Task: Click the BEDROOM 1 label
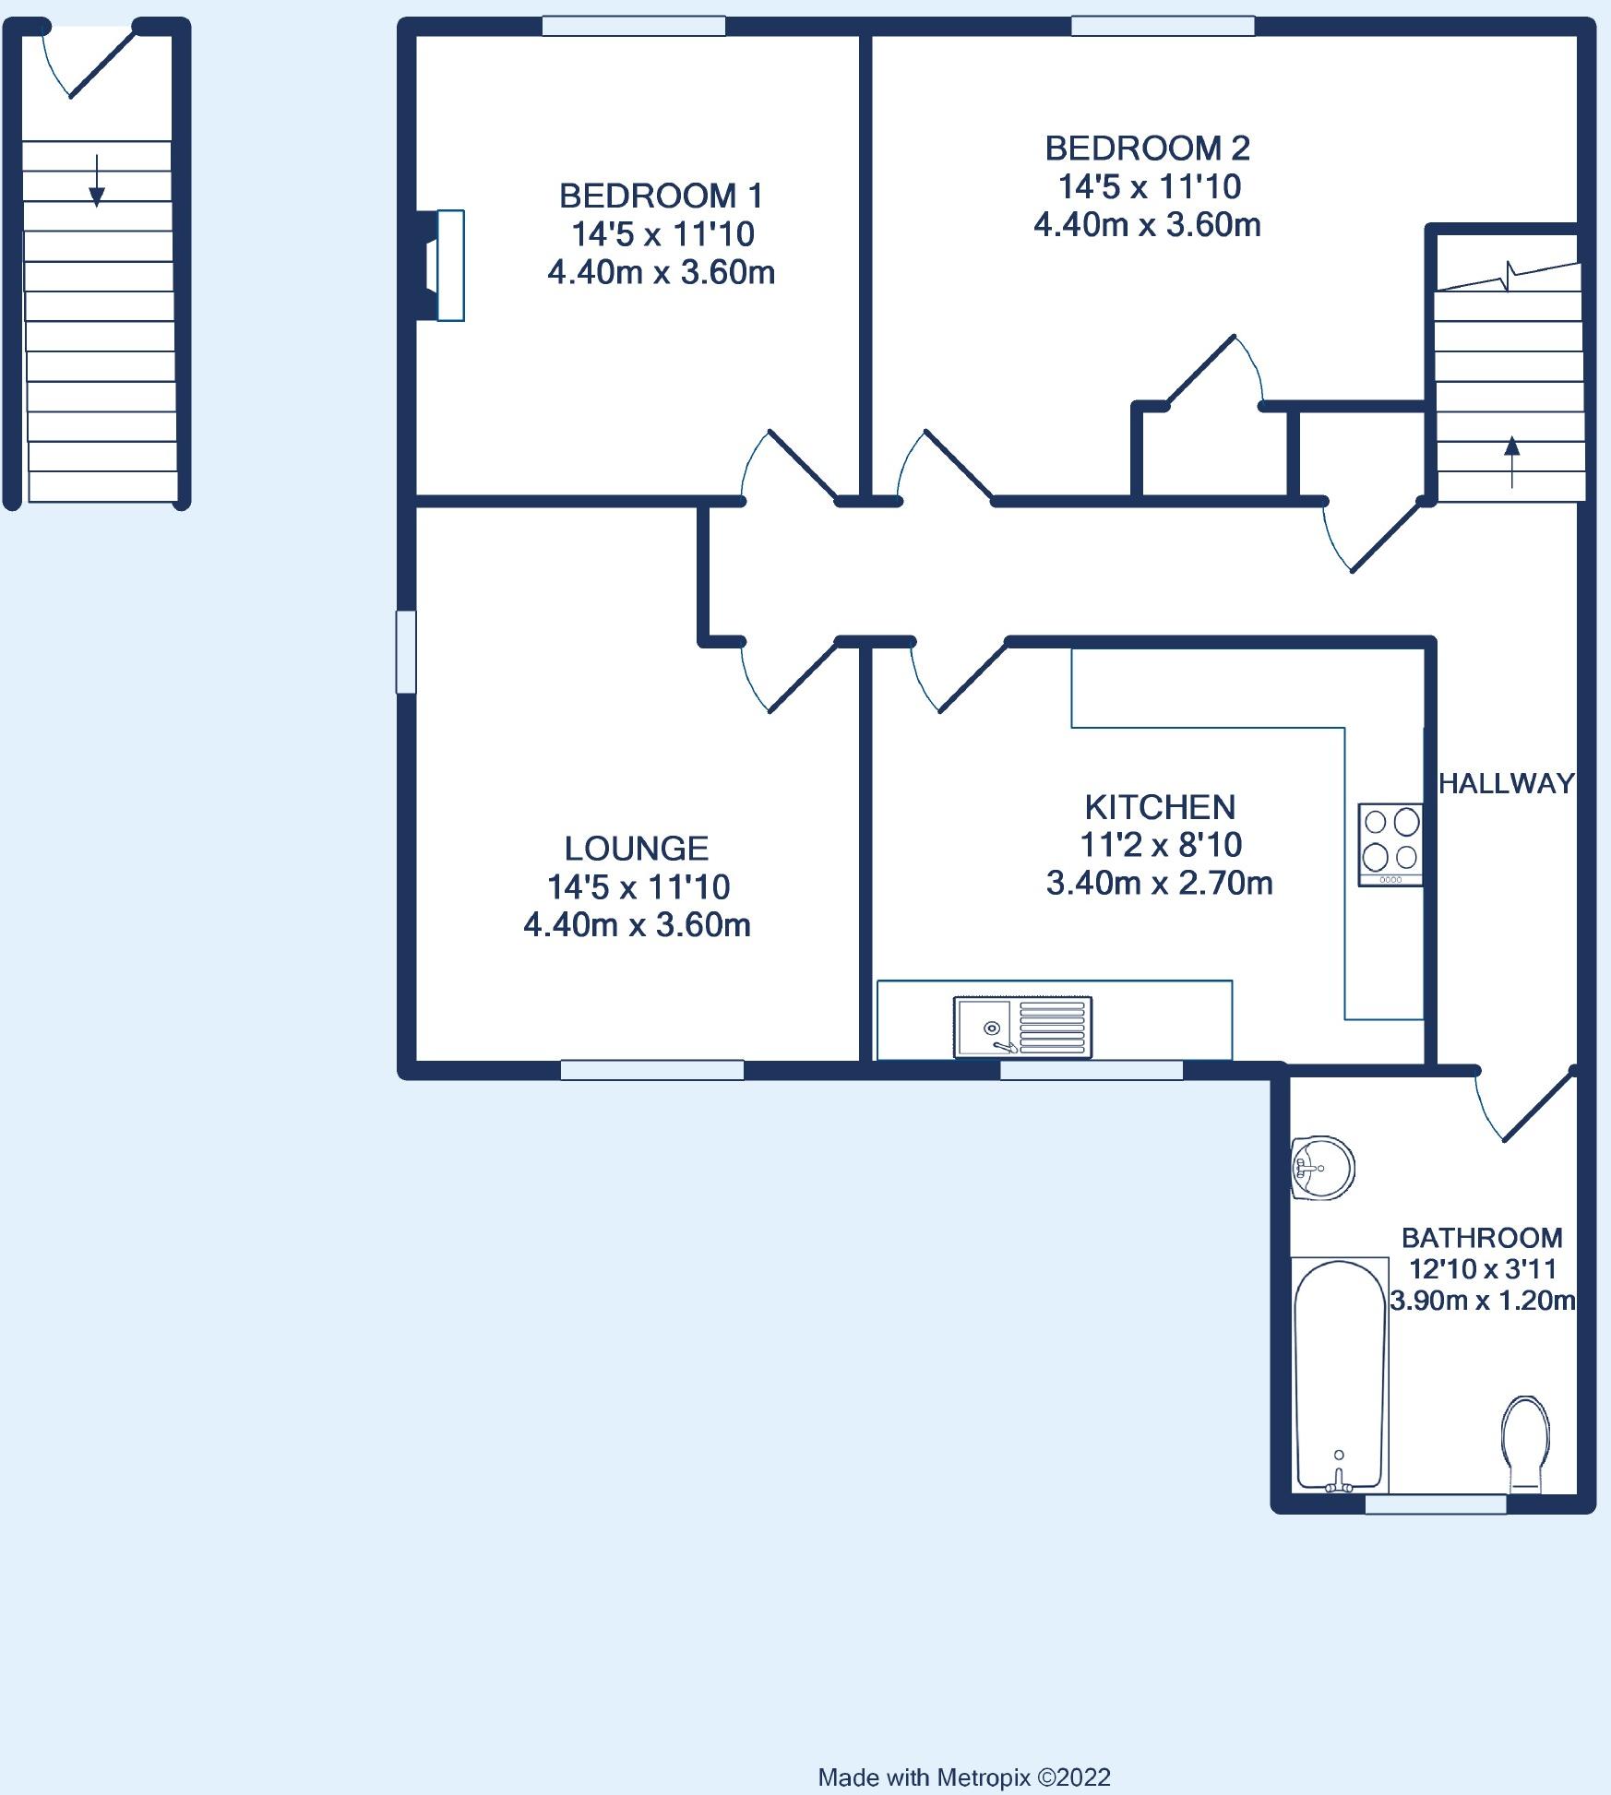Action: click(x=662, y=196)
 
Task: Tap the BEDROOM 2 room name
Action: click(x=1148, y=148)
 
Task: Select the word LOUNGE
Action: click(x=637, y=848)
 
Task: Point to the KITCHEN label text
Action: click(x=1160, y=807)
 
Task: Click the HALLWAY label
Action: click(x=1507, y=783)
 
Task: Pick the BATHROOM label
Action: click(x=1482, y=1237)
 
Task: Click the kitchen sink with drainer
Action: click(x=1023, y=1027)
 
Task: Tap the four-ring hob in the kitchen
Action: click(x=1390, y=845)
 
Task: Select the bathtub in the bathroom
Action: click(x=1340, y=1374)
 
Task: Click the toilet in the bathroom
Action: click(x=1525, y=1445)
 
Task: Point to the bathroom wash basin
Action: click(x=1322, y=1168)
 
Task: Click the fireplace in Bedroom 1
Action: click(x=440, y=266)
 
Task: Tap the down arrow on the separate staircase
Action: click(x=97, y=180)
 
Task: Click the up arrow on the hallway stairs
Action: click(x=1511, y=461)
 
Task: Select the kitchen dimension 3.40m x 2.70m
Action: click(x=1159, y=884)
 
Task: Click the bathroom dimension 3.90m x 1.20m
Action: click(x=1483, y=1301)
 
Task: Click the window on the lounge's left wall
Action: click(x=406, y=651)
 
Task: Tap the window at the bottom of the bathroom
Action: click(x=1436, y=1504)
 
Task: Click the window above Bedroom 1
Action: click(x=633, y=26)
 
